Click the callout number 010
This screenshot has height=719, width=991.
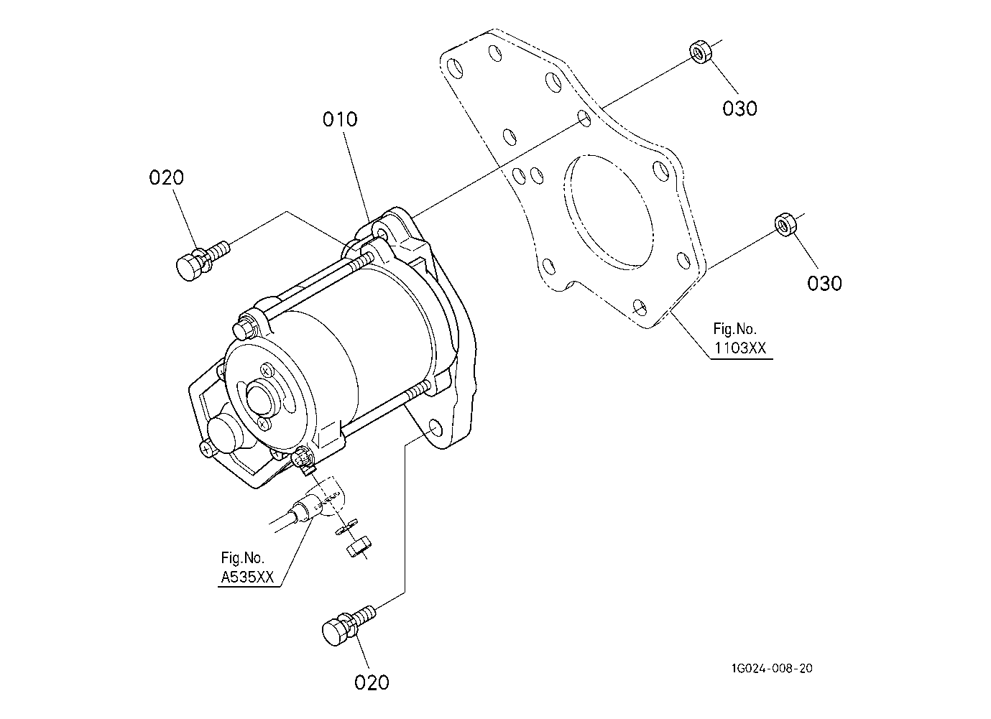click(x=340, y=119)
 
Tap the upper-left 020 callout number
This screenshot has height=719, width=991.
click(x=166, y=177)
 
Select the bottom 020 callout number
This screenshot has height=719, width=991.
click(x=372, y=683)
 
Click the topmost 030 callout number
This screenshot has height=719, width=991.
click(x=739, y=108)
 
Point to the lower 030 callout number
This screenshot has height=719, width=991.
click(x=825, y=284)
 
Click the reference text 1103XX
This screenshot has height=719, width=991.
click(x=740, y=348)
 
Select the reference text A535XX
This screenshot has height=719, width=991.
click(x=247, y=577)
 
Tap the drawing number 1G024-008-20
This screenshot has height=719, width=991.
click(x=772, y=668)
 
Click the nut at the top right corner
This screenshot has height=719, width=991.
click(x=701, y=52)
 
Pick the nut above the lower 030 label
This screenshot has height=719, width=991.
click(x=785, y=225)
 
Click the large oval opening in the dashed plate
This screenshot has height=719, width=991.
click(x=609, y=212)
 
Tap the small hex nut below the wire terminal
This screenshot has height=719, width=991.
click(x=359, y=549)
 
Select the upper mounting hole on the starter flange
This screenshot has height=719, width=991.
click(x=380, y=233)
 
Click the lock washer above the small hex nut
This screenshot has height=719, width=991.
click(x=347, y=527)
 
